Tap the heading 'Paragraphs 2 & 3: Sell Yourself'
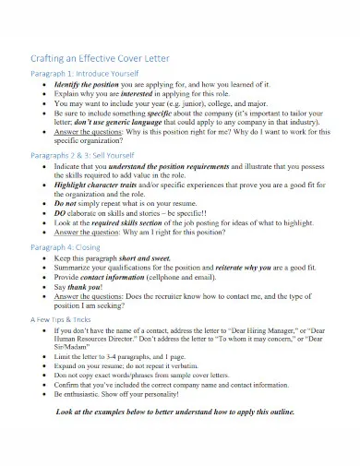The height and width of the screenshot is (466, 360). point(90,157)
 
